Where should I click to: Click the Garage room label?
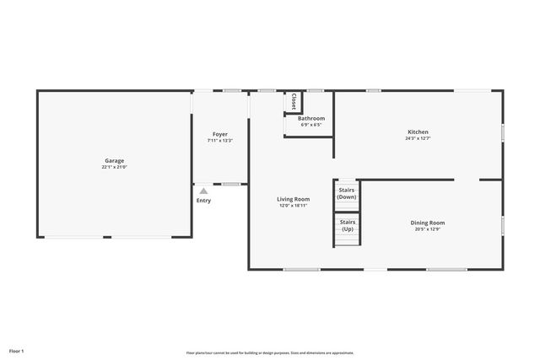click(115, 160)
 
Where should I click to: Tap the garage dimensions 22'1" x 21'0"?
click(115, 167)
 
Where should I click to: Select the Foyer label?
click(219, 134)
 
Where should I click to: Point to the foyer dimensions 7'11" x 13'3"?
click(219, 141)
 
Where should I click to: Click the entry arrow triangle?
click(203, 191)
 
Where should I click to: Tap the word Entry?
click(203, 201)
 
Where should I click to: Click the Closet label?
click(293, 101)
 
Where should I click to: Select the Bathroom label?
click(311, 119)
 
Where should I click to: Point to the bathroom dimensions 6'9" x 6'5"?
click(311, 125)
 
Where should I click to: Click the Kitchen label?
click(418, 132)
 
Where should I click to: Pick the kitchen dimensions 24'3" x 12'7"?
click(418, 139)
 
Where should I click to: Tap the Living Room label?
click(293, 199)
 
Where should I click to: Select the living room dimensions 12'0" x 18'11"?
click(293, 206)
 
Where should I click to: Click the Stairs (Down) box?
click(347, 194)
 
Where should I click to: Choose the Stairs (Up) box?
click(347, 226)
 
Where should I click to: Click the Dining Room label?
click(428, 223)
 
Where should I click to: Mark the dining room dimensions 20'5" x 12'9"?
click(428, 229)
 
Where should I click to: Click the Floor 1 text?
click(17, 350)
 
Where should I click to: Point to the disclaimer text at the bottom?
click(270, 353)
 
